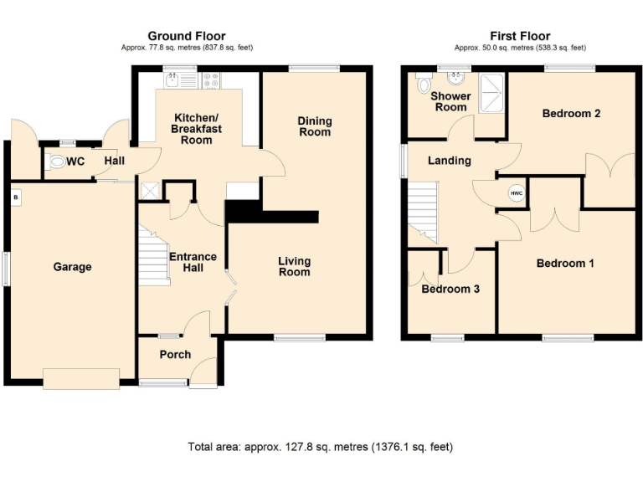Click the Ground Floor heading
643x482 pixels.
pyautogui.click(x=187, y=35)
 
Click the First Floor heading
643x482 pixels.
pyautogui.click(x=520, y=35)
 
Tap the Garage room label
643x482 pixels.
pyautogui.click(x=73, y=267)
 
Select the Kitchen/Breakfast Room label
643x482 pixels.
pyautogui.click(x=197, y=128)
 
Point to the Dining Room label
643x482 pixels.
pyautogui.click(x=315, y=126)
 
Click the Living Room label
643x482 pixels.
pyautogui.click(x=294, y=266)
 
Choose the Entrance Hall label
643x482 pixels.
pyautogui.click(x=193, y=262)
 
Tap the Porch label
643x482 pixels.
pyautogui.click(x=175, y=354)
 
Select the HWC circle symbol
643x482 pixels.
pyautogui.click(x=516, y=193)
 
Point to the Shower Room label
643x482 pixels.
pyautogui.click(x=450, y=101)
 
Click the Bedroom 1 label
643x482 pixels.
pyautogui.click(x=565, y=264)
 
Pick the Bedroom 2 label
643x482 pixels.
pyautogui.click(x=571, y=113)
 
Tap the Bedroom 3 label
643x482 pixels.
pyautogui.click(x=450, y=290)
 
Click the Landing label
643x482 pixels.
pyautogui.click(x=449, y=161)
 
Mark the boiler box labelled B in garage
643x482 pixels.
pyautogui.click(x=15, y=197)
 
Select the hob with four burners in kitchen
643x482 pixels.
pyautogui.click(x=211, y=81)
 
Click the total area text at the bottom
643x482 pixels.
pyautogui.click(x=321, y=447)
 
